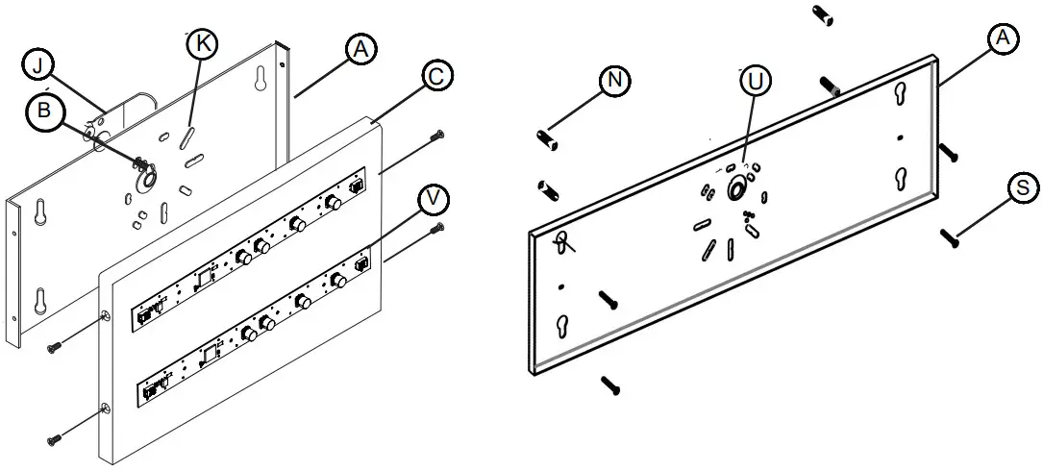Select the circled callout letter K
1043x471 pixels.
[x=201, y=43]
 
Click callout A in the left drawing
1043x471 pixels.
[x=360, y=50]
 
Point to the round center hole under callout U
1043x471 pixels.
[x=737, y=188]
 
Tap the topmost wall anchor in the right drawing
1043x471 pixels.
[x=823, y=14]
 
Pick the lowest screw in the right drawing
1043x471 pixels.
[x=611, y=385]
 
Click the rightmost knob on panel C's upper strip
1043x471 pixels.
[x=333, y=203]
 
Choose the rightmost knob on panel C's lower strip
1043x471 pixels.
[x=338, y=281]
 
